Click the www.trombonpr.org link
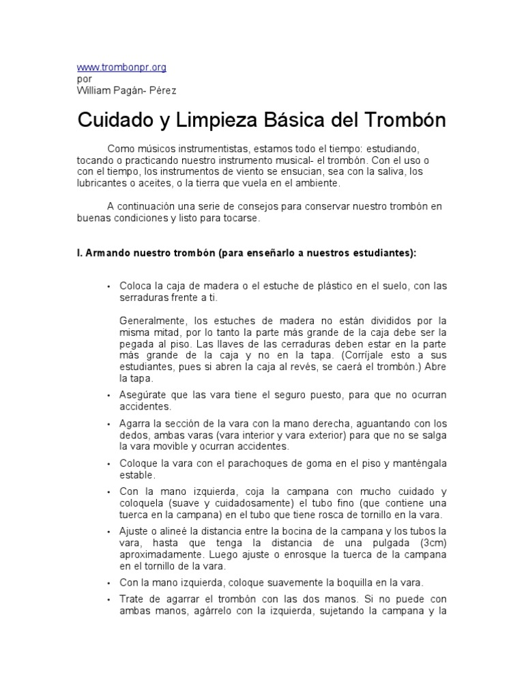click(121, 68)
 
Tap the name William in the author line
click(96, 90)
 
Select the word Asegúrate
click(143, 395)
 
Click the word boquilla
click(360, 582)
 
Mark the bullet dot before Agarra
click(108, 425)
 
